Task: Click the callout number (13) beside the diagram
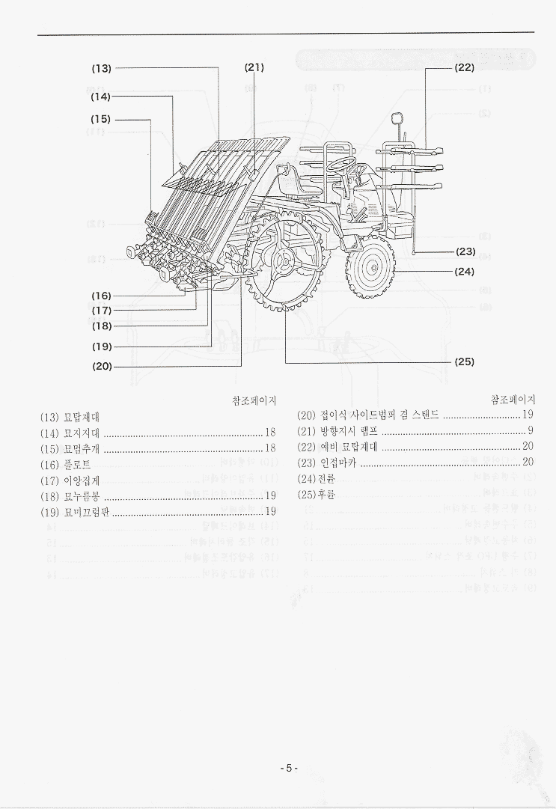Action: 101,68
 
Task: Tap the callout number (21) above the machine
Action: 254,67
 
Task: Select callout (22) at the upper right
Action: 464,67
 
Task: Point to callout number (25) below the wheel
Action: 464,361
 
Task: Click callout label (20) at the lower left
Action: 102,366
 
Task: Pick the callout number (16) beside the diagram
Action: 102,296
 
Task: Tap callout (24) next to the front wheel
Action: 465,272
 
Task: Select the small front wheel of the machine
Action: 370,268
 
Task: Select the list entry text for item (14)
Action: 70,432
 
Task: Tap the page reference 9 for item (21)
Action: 530,431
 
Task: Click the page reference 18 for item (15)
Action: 270,448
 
